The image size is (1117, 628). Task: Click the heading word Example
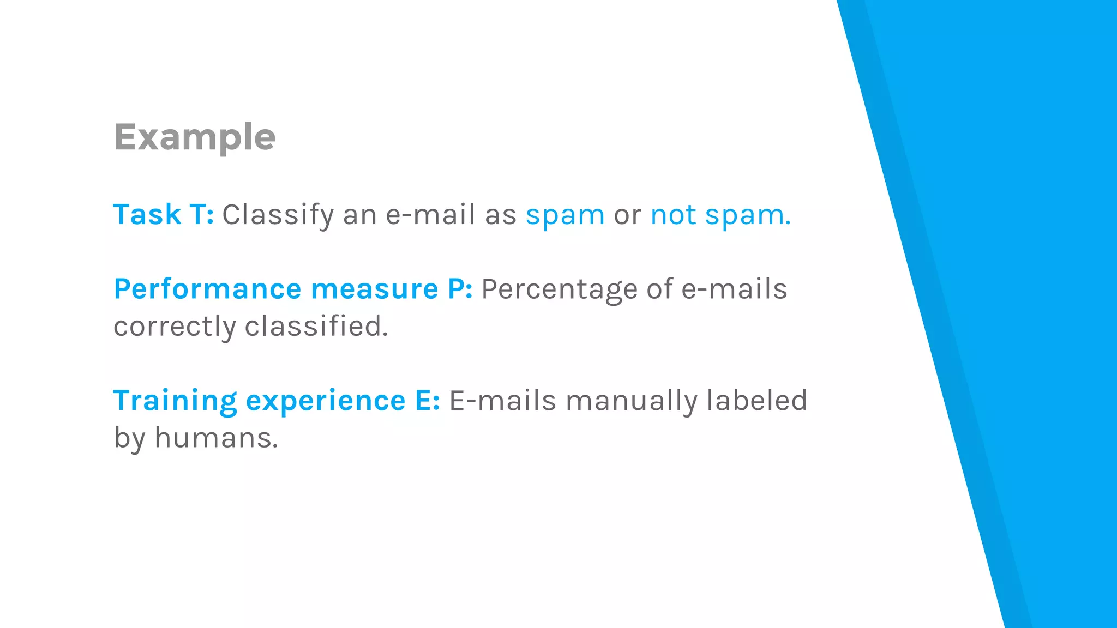(195, 137)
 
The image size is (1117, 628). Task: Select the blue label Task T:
(163, 214)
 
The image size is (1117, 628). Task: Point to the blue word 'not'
(673, 215)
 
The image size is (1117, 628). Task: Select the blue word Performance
(207, 289)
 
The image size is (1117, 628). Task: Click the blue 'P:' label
(460, 289)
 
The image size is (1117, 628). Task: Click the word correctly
(175, 327)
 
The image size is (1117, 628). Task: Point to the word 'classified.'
(316, 326)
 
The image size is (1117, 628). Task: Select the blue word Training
(175, 401)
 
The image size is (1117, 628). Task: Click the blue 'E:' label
(427, 401)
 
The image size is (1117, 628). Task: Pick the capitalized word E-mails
(502, 401)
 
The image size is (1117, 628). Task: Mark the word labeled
(756, 401)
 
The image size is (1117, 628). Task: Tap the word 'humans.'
(217, 438)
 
